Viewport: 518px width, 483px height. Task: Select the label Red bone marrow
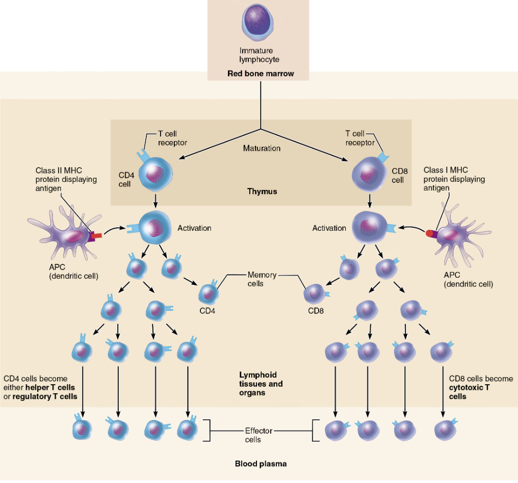tap(261, 74)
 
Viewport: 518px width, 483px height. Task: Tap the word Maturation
tap(262, 148)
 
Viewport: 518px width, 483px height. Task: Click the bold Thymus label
tap(262, 192)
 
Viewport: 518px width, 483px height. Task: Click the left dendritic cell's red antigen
tap(97, 236)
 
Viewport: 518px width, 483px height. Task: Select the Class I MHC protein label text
tap(454, 179)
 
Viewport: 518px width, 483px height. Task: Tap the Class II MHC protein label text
tap(66, 179)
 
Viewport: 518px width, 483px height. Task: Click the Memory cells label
tap(262, 279)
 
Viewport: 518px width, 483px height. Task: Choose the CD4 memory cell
tap(208, 293)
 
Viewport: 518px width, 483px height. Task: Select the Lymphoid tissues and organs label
tap(261, 384)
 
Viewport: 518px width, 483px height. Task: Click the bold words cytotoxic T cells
tap(469, 392)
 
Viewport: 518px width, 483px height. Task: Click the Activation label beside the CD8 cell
tap(329, 228)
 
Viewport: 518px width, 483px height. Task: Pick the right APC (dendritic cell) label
tap(469, 280)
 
